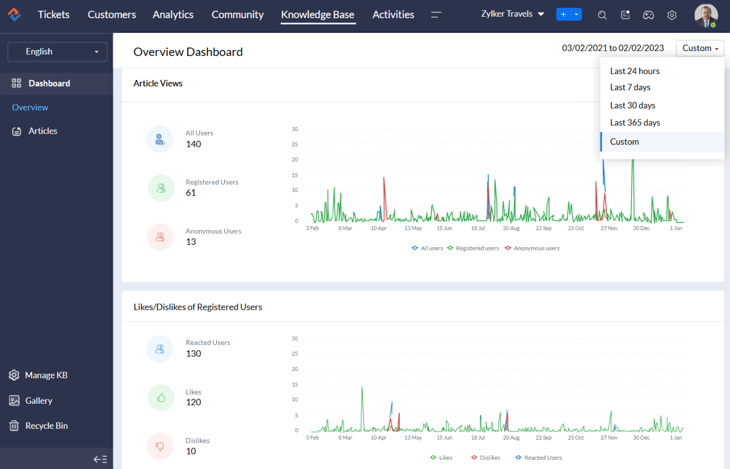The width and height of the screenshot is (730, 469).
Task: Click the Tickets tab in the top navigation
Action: click(53, 15)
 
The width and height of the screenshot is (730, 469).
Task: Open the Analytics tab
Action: click(173, 15)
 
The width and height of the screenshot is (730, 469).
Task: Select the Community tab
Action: click(237, 15)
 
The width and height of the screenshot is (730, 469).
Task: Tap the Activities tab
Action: click(393, 15)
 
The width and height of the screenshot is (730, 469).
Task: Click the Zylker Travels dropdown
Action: click(512, 14)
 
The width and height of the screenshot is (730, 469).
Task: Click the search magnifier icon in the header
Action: click(602, 15)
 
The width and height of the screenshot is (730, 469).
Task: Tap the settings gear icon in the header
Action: click(672, 15)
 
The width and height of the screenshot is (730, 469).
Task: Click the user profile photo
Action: click(705, 15)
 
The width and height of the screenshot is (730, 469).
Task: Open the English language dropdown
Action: click(57, 52)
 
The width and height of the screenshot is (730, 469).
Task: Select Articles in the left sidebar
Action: click(43, 131)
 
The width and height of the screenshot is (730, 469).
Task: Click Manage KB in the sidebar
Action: click(46, 375)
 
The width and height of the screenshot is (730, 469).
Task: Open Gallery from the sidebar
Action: click(39, 401)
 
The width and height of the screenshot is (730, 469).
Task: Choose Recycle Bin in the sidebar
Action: click(46, 426)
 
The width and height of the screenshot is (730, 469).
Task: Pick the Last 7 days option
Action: click(630, 87)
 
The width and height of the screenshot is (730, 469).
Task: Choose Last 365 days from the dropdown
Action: click(635, 123)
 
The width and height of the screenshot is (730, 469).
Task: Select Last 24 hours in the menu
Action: click(635, 71)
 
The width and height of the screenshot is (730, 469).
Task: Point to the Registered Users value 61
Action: click(191, 193)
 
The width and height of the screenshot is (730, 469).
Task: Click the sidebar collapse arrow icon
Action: click(100, 459)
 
